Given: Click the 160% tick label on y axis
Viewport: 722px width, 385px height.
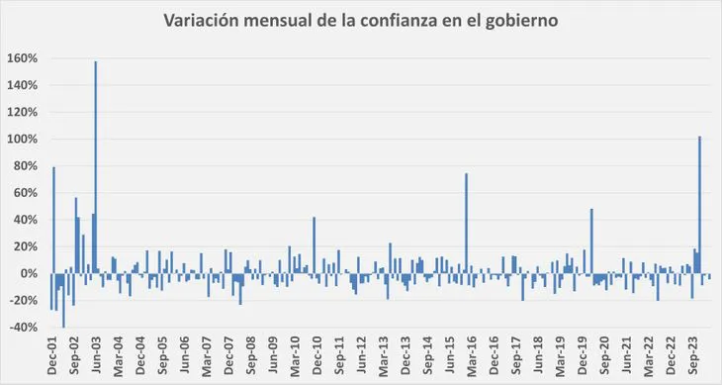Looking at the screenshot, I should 23,58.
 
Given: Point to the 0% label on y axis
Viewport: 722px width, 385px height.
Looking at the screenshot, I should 29,274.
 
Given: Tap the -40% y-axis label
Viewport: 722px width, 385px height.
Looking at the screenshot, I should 23,328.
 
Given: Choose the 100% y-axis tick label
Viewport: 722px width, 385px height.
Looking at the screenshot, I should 23,140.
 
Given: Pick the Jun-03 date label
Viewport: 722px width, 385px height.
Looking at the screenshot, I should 97,357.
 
